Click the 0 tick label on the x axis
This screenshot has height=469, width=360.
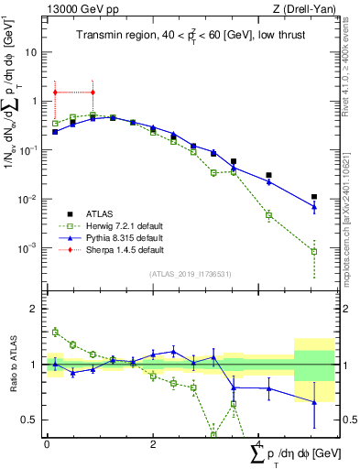point(47,445)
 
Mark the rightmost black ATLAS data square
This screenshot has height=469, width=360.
point(313,197)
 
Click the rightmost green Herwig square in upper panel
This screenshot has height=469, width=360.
point(313,251)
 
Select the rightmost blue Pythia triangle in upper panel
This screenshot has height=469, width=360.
point(313,207)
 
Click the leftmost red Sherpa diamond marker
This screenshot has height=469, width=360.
point(56,93)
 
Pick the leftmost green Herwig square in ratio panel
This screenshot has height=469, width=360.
point(56,332)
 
